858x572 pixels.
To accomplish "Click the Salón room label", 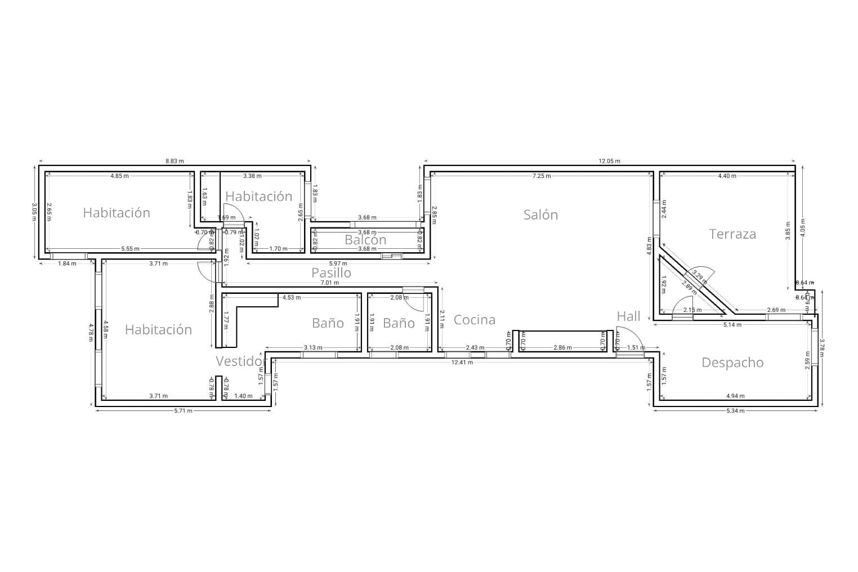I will coord(540,214).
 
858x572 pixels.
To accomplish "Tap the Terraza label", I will coord(732,234).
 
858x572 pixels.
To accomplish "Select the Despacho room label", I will coord(732,363).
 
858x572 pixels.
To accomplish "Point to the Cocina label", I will coord(475,320).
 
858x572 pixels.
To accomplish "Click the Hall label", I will coord(628,316).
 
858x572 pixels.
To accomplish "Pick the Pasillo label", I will coord(332,272).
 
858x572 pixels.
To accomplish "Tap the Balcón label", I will coord(365,240).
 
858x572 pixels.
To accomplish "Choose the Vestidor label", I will coord(240,361).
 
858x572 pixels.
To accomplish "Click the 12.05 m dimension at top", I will coord(609,161).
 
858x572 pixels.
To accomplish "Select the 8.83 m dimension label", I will coord(175,161).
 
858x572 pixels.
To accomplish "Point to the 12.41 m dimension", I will coord(462,362).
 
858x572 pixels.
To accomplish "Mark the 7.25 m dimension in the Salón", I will coord(542,176).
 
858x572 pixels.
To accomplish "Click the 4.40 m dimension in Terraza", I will coord(727,176).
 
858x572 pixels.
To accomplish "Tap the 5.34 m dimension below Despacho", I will coord(735,411).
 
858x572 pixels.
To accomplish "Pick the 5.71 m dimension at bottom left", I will coord(183,411).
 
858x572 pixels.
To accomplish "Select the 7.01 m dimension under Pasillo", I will coord(330,283).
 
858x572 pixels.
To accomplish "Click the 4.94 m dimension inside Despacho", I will coord(735,396).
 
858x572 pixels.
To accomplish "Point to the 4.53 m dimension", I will coord(291,297).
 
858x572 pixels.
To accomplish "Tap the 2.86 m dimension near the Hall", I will coord(562,347).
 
